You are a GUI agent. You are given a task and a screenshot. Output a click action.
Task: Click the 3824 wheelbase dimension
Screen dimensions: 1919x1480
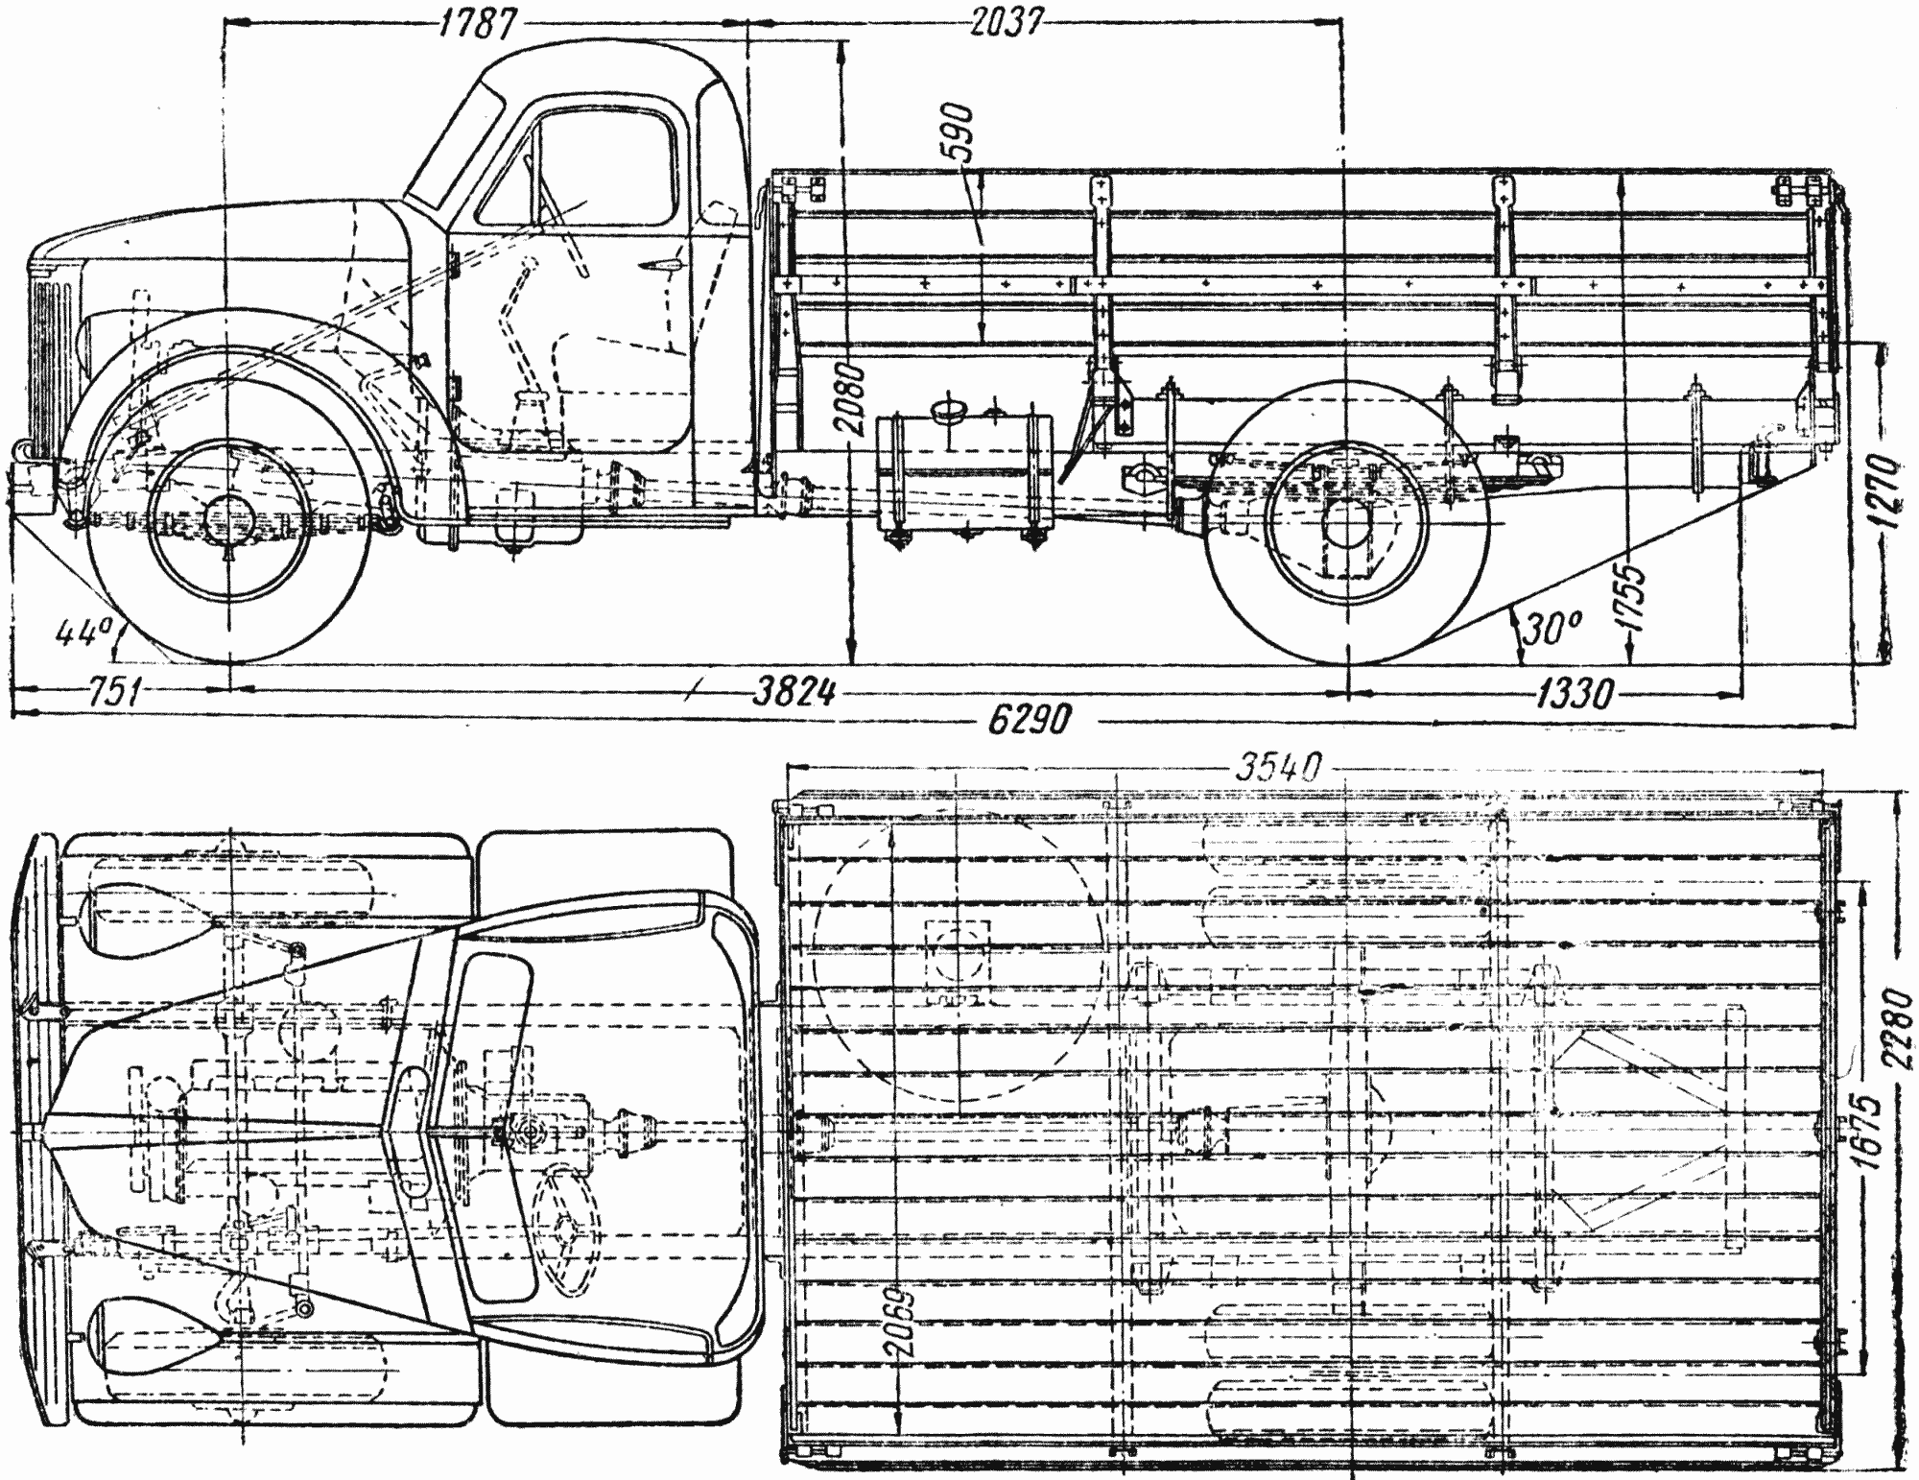tap(792, 692)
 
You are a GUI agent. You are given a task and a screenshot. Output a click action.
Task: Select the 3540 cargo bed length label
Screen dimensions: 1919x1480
tap(1279, 767)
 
